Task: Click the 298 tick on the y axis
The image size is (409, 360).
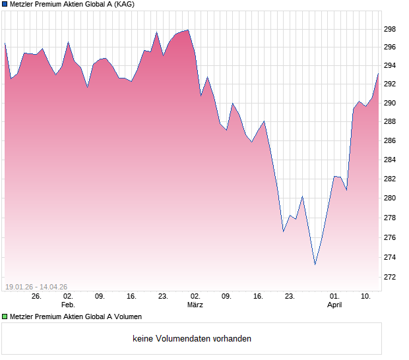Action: coord(390,29)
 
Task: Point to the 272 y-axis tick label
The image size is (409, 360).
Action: coord(390,276)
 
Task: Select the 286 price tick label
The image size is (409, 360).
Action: coord(390,141)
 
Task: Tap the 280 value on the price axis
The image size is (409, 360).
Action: coord(390,198)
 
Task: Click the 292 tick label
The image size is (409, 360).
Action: coord(390,84)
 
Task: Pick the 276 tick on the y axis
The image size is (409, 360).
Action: coord(390,237)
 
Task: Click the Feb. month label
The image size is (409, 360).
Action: coord(68,305)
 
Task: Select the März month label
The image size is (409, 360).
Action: coord(195,305)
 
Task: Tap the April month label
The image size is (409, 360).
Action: coord(334,305)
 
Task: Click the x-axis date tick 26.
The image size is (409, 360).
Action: coord(36,297)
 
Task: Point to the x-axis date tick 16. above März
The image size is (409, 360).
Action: coord(258,297)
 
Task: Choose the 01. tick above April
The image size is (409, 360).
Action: coord(334,297)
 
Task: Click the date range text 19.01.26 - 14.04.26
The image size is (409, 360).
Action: coord(36,287)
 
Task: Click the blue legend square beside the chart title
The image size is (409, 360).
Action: coord(4,5)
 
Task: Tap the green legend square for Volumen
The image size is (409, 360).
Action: coord(4,317)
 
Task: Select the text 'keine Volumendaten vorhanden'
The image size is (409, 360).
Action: coord(192,339)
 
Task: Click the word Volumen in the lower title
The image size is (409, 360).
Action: coord(127,317)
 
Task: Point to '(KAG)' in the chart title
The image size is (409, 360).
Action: coord(123,5)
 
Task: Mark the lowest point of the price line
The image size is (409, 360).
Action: coord(315,264)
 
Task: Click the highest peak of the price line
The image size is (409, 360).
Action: coord(188,30)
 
